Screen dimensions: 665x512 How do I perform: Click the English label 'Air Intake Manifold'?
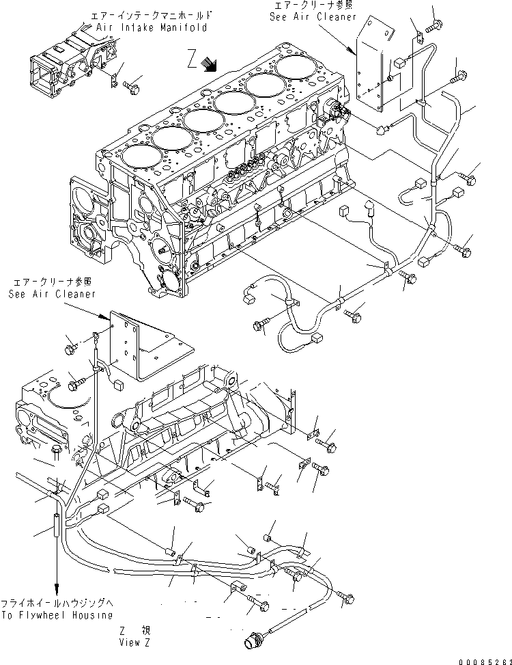147,28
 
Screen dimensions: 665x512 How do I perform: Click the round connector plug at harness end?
251,642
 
